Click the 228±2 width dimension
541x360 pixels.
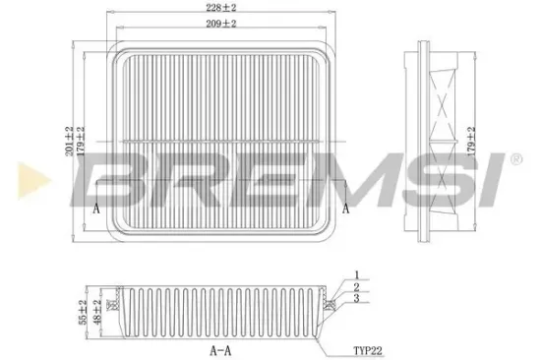click(221, 8)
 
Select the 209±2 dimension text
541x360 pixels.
click(221, 24)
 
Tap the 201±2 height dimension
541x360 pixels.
click(70, 142)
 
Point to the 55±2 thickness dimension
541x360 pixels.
click(83, 312)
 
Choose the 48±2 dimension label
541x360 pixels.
click(97, 312)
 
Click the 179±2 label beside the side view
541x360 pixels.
click(471, 142)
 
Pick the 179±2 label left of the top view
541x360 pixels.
click(81, 142)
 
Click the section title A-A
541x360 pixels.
click(220, 351)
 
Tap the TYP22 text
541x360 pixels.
click(368, 351)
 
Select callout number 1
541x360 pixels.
click(357, 275)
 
